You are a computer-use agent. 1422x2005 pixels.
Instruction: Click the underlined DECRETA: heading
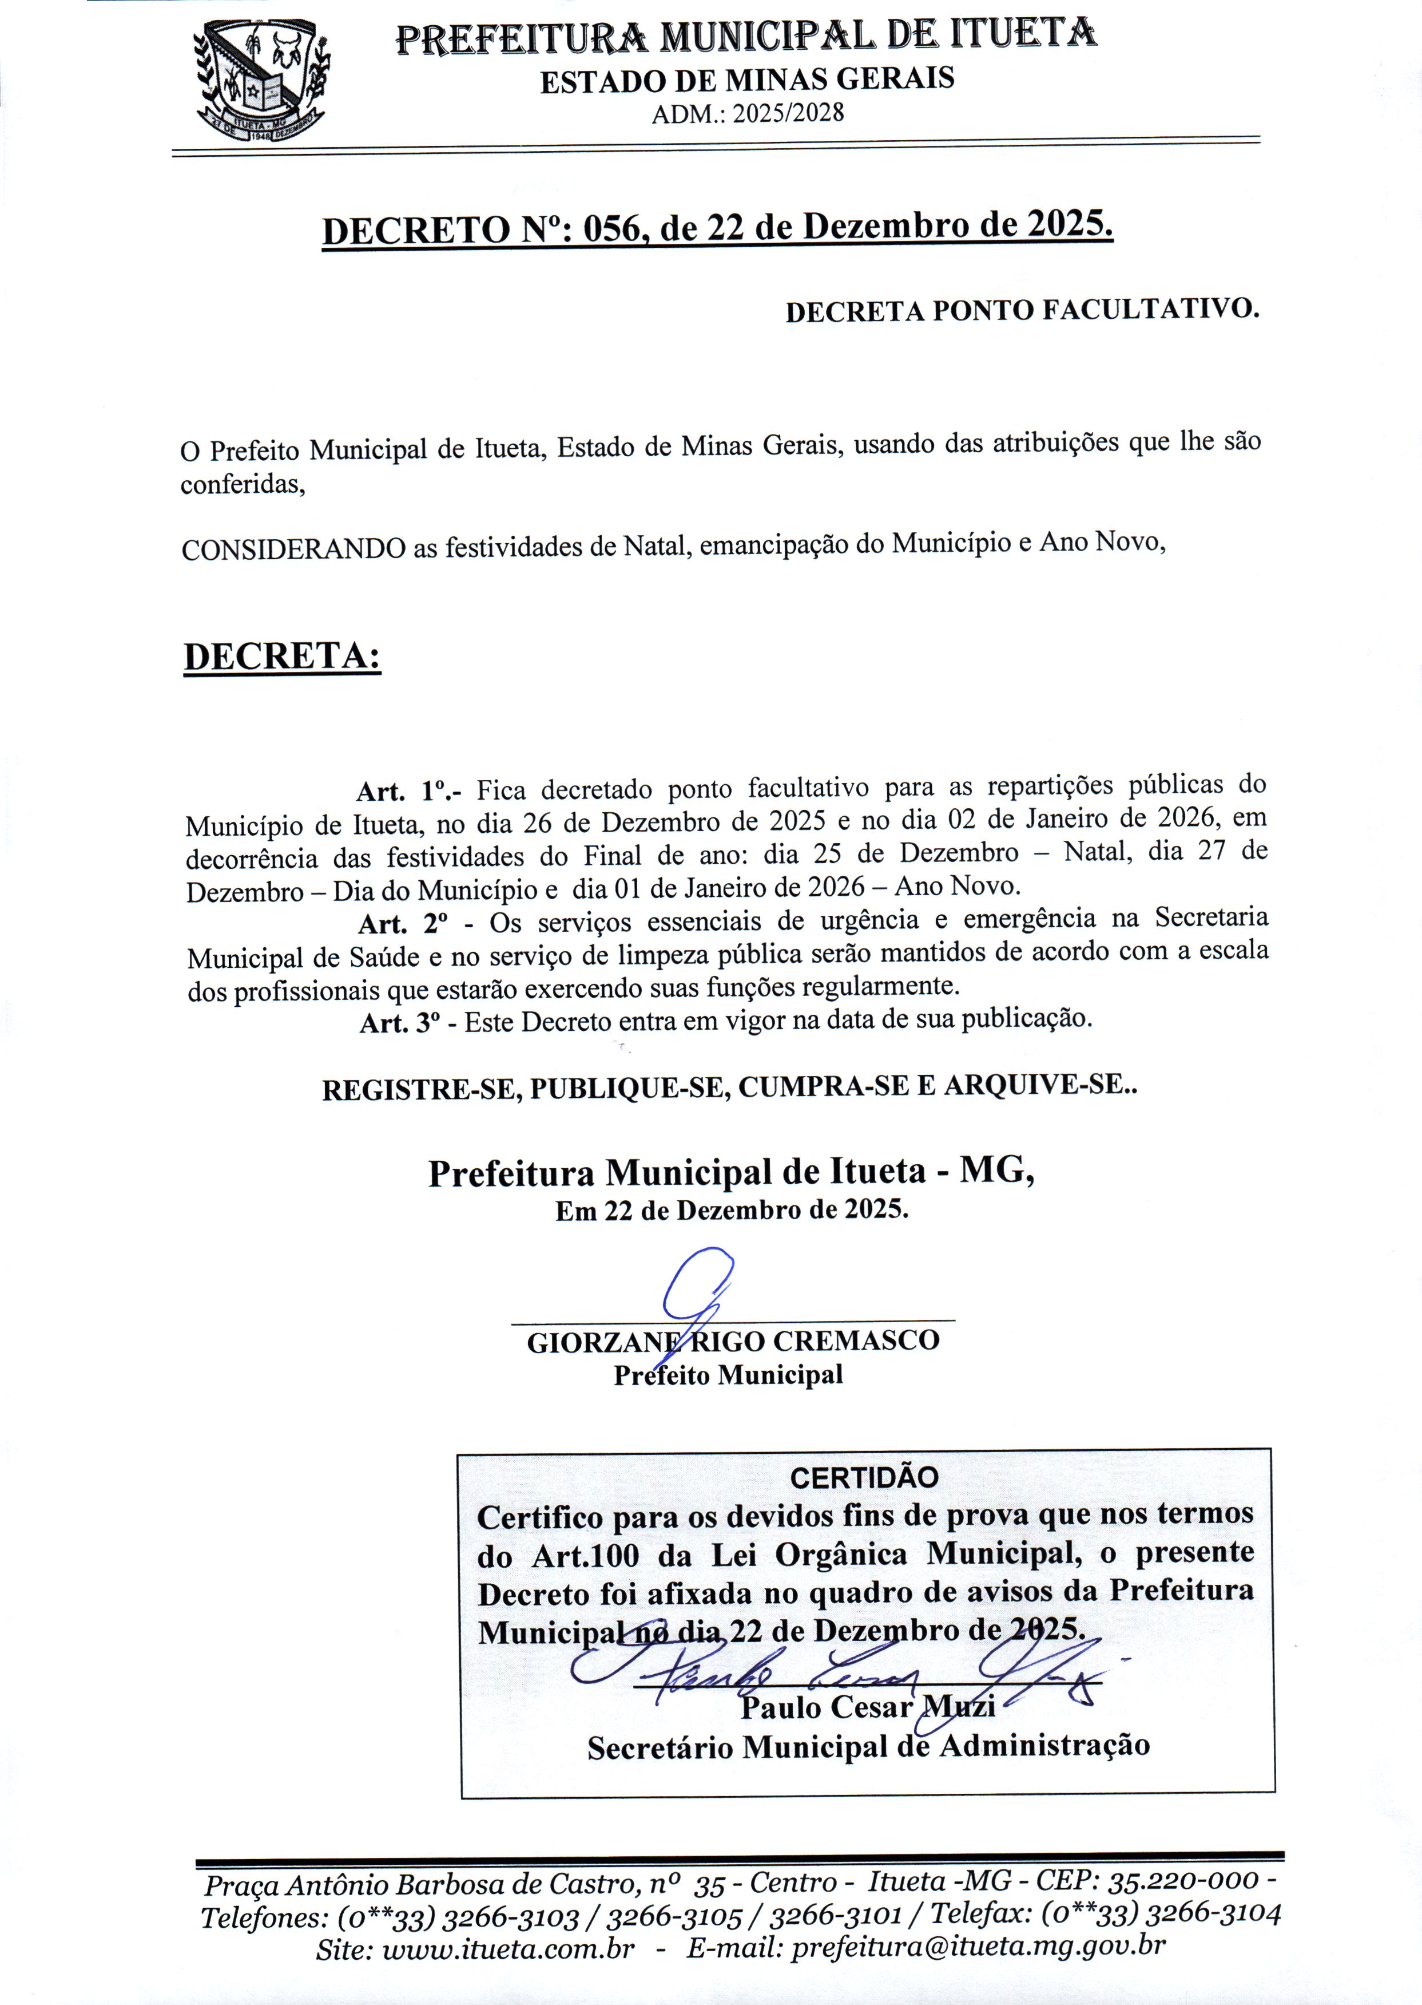[x=282, y=657]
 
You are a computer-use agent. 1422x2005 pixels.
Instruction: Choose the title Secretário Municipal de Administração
[x=868, y=1747]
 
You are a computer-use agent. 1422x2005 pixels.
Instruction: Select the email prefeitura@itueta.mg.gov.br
[x=978, y=1945]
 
